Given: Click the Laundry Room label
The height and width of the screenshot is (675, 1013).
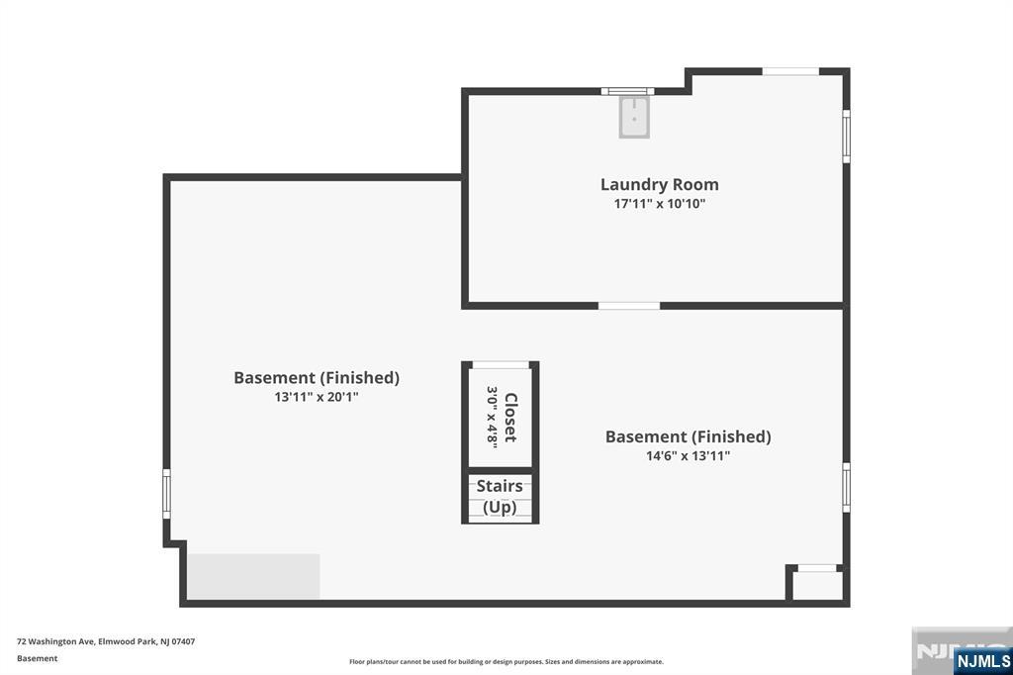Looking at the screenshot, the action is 660,184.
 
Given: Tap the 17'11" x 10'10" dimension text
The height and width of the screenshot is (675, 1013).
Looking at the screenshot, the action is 660,204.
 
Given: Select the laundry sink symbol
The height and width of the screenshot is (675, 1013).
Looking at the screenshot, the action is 634,117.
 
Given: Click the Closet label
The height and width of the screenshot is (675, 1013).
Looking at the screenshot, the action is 510,418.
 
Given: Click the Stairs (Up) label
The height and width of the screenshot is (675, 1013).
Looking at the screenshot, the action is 500,497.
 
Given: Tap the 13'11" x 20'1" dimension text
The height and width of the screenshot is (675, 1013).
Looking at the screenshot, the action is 317,397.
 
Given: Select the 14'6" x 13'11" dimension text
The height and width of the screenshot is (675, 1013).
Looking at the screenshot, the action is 689,456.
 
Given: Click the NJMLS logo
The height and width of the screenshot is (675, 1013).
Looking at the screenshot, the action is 982,661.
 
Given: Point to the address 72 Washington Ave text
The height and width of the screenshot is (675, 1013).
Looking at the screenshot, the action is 106,642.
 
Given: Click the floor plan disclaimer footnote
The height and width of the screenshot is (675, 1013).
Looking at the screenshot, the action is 506,662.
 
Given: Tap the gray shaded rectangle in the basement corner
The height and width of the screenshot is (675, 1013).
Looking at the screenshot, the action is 254,577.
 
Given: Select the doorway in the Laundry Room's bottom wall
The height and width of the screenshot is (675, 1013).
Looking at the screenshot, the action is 628,306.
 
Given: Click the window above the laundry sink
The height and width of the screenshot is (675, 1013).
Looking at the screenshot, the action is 627,91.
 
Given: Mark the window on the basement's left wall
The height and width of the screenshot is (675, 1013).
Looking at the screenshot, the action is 166,494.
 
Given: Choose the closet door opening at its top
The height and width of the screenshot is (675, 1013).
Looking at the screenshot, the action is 501,365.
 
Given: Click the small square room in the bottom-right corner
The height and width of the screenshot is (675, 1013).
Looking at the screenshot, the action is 817,585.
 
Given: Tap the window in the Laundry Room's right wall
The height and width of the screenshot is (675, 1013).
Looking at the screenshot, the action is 847,137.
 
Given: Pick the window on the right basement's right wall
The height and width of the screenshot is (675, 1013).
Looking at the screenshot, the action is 847,488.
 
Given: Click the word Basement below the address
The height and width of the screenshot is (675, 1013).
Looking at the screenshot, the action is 38,659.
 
